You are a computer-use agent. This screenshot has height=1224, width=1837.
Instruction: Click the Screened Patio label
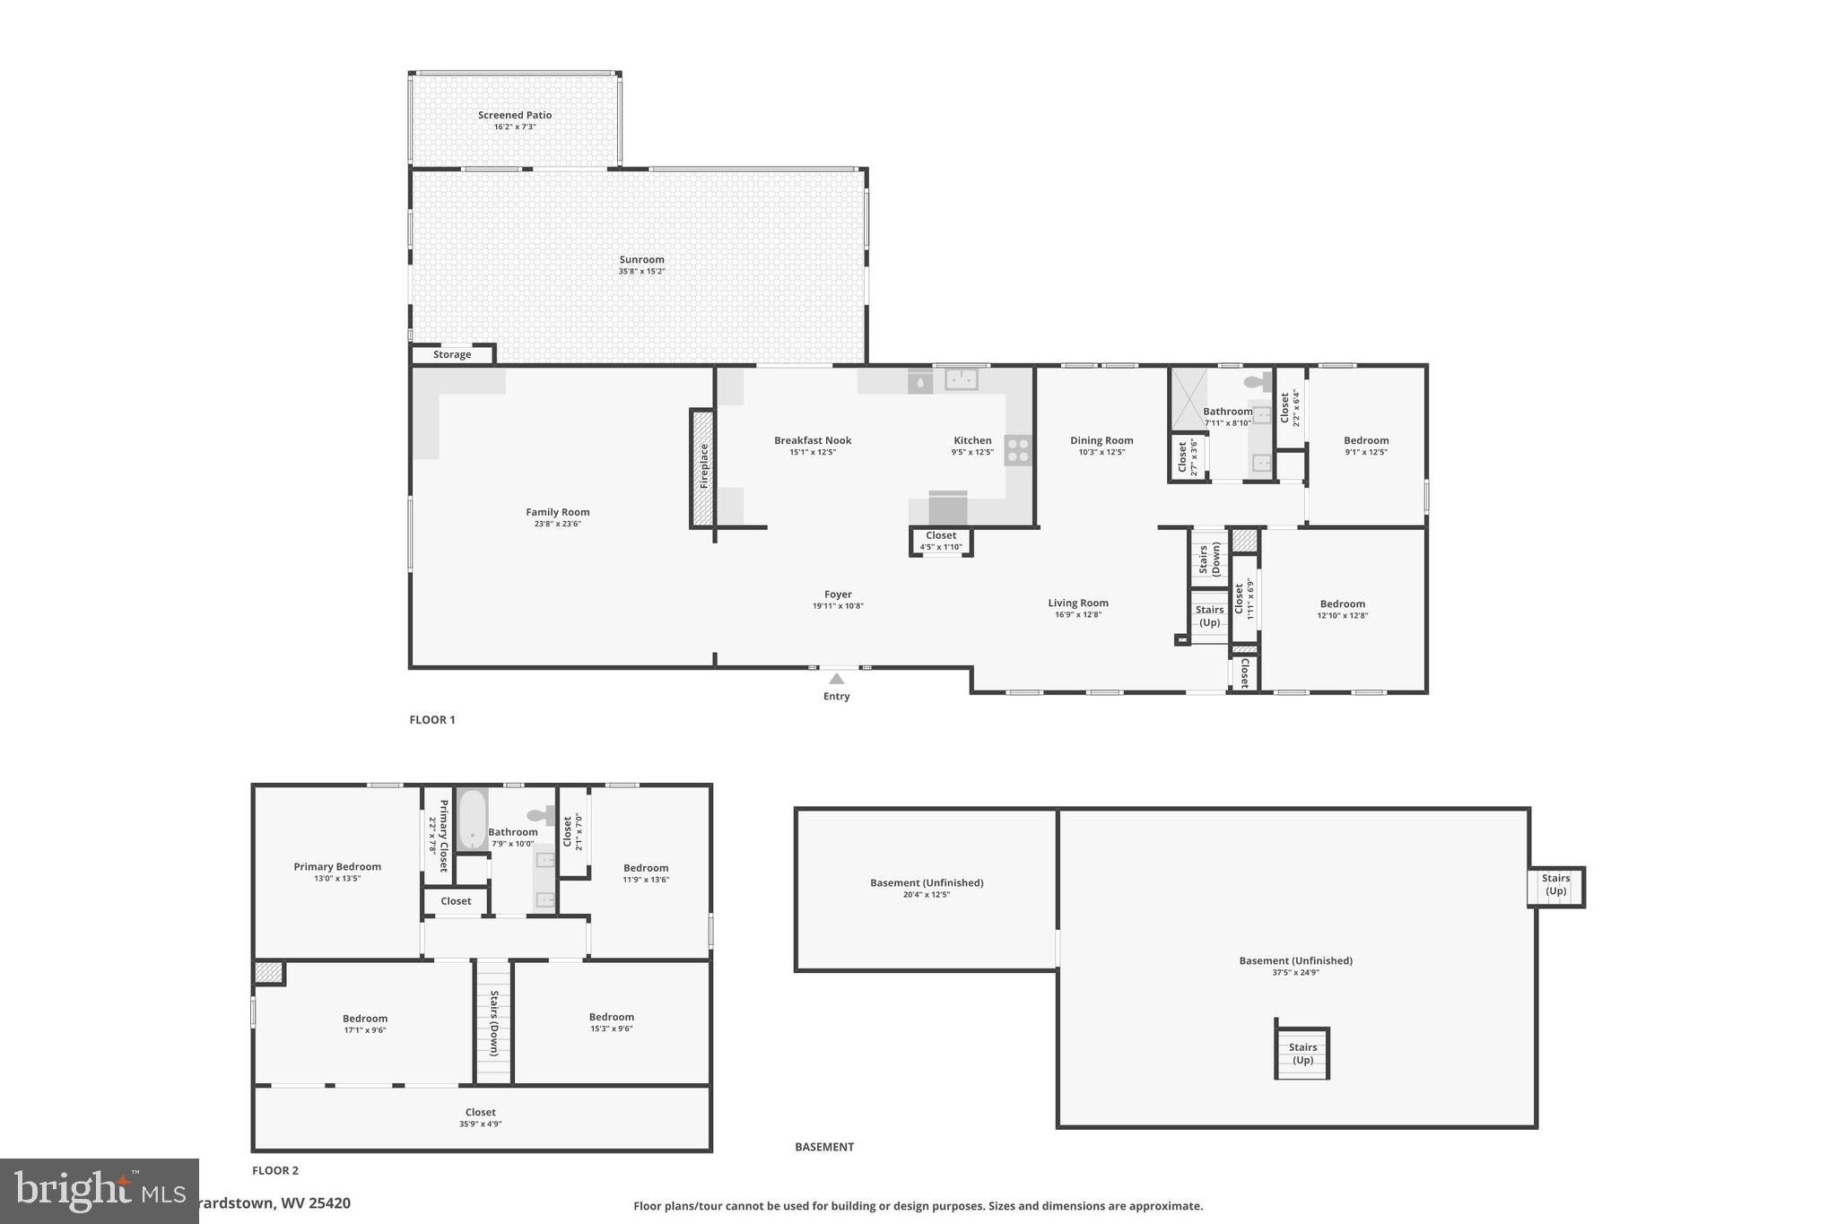pyautogui.click(x=514, y=116)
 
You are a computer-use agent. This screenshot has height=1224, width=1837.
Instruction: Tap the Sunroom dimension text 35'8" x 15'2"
pyautogui.click(x=641, y=272)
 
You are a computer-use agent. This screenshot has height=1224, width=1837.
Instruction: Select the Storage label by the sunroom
pyautogui.click(x=452, y=355)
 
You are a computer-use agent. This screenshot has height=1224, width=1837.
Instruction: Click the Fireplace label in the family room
pyautogui.click(x=704, y=466)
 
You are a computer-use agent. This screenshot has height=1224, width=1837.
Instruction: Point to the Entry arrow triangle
pyautogui.click(x=837, y=679)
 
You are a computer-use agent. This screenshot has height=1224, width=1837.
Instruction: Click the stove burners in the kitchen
pyautogui.click(x=1018, y=450)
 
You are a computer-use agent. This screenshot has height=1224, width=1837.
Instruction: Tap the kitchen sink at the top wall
pyautogui.click(x=961, y=380)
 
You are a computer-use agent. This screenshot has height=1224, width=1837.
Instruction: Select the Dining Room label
pyautogui.click(x=1101, y=440)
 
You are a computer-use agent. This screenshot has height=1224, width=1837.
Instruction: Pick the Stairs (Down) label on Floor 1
pyautogui.click(x=1209, y=559)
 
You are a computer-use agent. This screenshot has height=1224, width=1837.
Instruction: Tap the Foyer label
pyautogui.click(x=838, y=595)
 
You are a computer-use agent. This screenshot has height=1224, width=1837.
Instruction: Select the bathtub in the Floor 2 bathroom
pyautogui.click(x=472, y=820)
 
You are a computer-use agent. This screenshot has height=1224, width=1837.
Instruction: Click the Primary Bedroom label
pyautogui.click(x=337, y=867)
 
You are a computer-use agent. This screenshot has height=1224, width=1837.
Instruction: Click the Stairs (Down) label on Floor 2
pyautogui.click(x=493, y=1023)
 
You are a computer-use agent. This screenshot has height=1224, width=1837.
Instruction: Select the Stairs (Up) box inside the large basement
pyautogui.click(x=1302, y=1054)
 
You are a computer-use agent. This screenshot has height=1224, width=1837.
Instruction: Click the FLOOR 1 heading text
pyautogui.click(x=432, y=720)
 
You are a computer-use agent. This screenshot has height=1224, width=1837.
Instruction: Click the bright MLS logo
pyautogui.click(x=99, y=1191)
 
